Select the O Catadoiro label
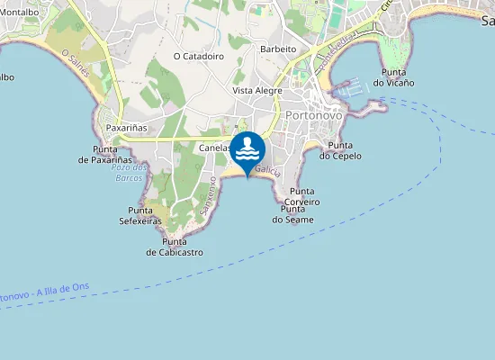click(198, 56)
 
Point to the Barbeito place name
click(278, 49)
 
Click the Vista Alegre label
click(256, 91)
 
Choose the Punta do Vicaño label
click(398, 77)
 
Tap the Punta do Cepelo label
click(340, 150)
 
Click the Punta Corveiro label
click(302, 196)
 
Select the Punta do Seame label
click(297, 214)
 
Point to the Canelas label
click(215, 148)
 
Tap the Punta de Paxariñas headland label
click(112, 154)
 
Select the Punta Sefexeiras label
click(140, 215)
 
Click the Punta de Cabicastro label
click(175, 247)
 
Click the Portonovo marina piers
click(350, 88)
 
